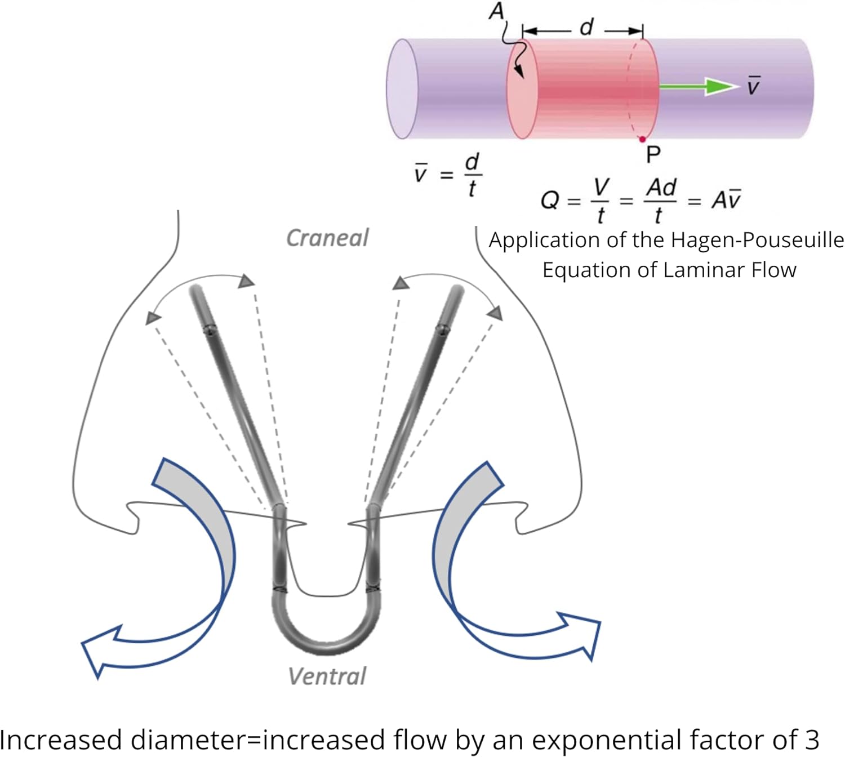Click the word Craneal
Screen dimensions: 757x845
[x=327, y=238]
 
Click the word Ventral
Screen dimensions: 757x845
[x=327, y=676]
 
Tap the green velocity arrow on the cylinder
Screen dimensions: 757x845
[x=699, y=86]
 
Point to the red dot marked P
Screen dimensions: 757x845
[x=642, y=139]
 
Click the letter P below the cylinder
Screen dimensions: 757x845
[x=653, y=154]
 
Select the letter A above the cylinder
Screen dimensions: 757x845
[x=496, y=12]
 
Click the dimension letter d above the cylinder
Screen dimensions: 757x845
[x=586, y=26]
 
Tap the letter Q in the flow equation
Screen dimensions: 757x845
[x=549, y=200]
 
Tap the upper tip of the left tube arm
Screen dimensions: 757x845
[x=197, y=290]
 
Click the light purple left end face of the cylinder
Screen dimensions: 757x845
[x=402, y=88]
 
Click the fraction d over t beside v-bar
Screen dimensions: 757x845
[x=472, y=175]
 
